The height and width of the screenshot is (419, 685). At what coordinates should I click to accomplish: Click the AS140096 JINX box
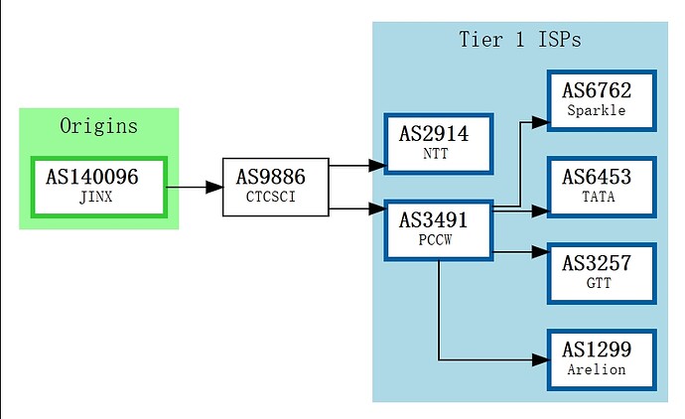click(x=99, y=187)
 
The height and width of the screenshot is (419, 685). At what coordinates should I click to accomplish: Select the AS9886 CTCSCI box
click(x=276, y=187)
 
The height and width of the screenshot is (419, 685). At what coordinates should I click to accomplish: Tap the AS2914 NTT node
click(x=439, y=144)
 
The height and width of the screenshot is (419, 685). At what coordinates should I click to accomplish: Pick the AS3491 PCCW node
click(x=439, y=230)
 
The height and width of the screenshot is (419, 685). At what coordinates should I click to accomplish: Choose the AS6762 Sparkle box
click(x=602, y=100)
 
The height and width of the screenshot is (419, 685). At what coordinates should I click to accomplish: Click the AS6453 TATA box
click(x=602, y=187)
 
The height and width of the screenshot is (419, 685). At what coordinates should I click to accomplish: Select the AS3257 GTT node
click(x=602, y=273)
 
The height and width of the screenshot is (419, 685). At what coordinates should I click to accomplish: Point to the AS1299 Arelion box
click(x=602, y=359)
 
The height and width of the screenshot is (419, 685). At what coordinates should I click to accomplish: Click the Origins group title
click(x=98, y=126)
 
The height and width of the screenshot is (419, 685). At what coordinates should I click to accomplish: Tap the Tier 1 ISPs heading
click(x=520, y=40)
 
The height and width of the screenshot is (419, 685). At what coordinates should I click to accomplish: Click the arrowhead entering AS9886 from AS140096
click(x=214, y=188)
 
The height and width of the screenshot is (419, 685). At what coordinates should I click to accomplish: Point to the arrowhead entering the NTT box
click(x=376, y=166)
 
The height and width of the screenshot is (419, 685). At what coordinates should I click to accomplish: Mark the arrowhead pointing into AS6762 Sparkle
click(x=540, y=122)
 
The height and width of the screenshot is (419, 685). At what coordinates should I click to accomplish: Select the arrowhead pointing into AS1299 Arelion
click(x=540, y=360)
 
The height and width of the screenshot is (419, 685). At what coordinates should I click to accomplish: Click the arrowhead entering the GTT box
click(x=540, y=252)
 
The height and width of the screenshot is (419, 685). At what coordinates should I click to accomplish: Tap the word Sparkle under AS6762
click(x=597, y=110)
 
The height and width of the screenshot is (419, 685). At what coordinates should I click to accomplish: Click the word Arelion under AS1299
click(x=597, y=369)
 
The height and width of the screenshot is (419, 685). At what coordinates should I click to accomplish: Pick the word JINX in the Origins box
click(x=95, y=197)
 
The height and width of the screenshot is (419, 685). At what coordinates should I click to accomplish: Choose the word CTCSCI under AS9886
click(x=271, y=197)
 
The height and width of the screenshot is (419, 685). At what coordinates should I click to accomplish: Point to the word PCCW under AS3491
click(x=435, y=240)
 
